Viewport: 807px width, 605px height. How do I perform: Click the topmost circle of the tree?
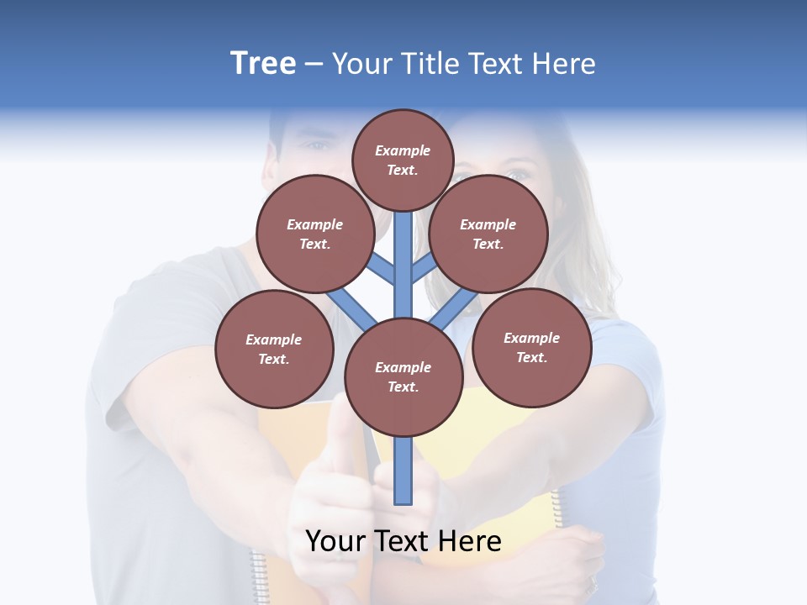tap(403, 160)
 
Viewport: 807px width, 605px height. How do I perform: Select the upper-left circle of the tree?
tap(314, 234)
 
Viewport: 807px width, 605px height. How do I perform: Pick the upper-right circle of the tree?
tap(488, 234)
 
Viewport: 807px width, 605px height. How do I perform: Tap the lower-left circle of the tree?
tap(274, 349)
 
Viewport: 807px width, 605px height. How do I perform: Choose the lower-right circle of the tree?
tap(531, 346)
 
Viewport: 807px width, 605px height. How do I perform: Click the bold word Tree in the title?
tap(263, 64)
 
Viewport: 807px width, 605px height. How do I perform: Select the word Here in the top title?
tap(564, 64)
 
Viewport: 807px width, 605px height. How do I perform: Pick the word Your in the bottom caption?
tap(336, 541)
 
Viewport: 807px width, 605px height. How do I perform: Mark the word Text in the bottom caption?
tap(403, 541)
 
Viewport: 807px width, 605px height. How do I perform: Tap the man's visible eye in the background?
tap(318, 146)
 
